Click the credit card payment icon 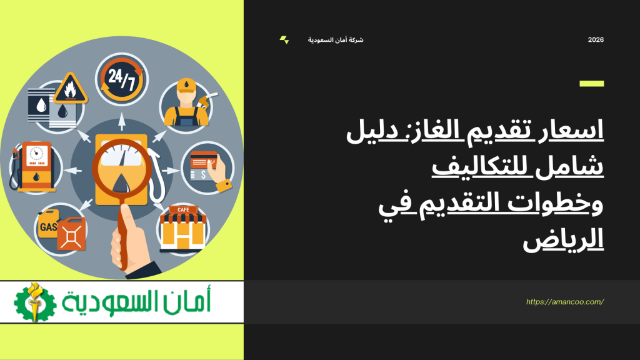pyautogui.click(x=207, y=166)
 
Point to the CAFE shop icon pyautogui.click(x=182, y=229)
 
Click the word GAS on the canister pyautogui.click(x=48, y=227)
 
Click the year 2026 pyautogui.click(x=596, y=40)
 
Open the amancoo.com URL pyautogui.click(x=565, y=301)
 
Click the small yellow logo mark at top pyautogui.click(x=284, y=40)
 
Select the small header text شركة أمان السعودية pyautogui.click(x=336, y=40)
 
